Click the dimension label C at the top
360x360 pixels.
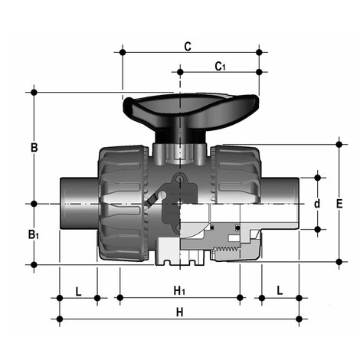[187, 46]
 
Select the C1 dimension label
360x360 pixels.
[220, 67]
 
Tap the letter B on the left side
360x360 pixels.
[34, 146]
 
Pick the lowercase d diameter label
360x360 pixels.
[317, 204]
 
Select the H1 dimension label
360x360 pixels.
[179, 290]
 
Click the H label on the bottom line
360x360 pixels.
[180, 312]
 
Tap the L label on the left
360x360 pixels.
[79, 290]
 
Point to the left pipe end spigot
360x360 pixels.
[77, 202]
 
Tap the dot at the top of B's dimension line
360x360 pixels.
[34, 93]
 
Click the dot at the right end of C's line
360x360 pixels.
[259, 52]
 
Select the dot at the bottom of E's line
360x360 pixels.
[340, 262]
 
